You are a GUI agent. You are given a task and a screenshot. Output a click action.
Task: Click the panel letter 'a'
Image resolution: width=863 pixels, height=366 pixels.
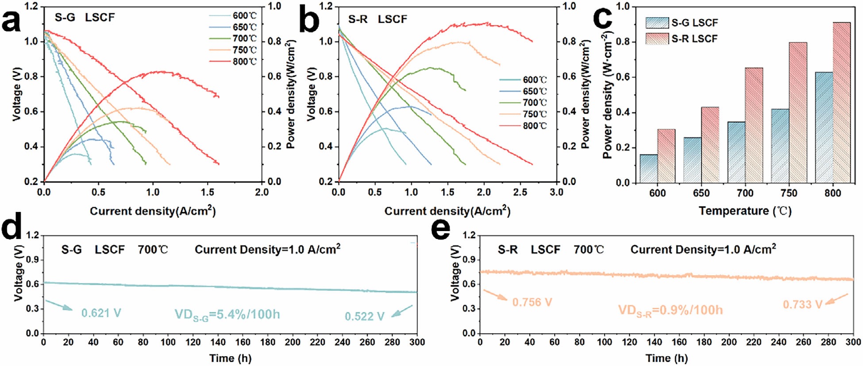point(12,21)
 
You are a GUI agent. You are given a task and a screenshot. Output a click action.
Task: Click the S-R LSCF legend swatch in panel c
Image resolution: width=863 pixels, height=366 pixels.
point(657,39)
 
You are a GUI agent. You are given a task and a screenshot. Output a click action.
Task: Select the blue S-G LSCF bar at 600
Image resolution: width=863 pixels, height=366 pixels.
point(648,169)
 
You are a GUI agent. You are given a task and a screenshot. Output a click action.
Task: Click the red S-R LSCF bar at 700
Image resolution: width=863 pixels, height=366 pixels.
point(754,125)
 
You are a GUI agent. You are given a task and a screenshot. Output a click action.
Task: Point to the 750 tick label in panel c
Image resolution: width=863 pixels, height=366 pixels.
point(789,193)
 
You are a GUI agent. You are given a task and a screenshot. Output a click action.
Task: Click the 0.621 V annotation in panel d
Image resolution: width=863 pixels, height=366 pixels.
point(101,313)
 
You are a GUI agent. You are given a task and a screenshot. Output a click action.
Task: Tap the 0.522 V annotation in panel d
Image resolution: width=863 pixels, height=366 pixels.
point(365,316)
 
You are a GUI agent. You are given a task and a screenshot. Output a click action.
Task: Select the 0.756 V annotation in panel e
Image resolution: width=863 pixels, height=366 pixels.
point(532,302)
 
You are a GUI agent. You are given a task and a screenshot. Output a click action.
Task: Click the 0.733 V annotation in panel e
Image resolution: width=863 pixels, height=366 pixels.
point(802,304)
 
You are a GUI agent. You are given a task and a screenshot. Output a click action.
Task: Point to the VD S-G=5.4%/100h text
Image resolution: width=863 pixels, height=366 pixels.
point(227,315)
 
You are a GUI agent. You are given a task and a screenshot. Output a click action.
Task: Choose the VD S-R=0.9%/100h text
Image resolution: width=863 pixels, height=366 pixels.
point(670,310)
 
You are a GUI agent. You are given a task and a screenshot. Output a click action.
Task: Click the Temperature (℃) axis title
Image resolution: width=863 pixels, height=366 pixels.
point(745,211)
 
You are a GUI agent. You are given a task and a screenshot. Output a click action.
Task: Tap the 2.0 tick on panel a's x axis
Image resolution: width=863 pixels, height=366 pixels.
point(262,192)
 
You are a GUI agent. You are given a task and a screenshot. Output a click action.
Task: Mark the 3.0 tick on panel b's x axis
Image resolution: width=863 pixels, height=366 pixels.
point(556,192)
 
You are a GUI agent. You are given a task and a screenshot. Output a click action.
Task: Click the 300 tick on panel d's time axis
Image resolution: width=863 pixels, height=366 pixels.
point(417,342)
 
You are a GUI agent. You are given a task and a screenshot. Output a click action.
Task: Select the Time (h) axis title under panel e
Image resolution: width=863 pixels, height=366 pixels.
point(666,358)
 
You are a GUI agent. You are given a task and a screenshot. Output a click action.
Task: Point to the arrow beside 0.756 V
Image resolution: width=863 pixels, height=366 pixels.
point(495,295)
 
